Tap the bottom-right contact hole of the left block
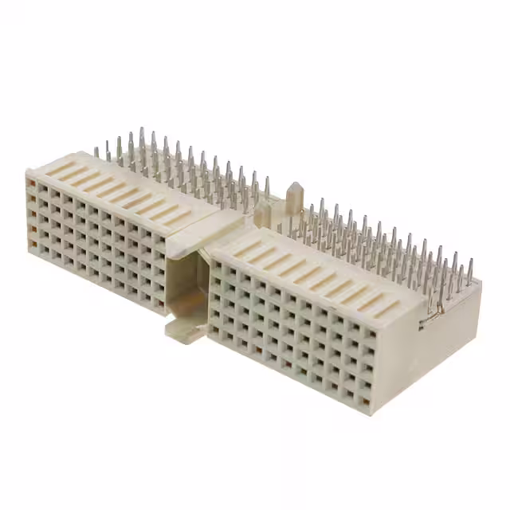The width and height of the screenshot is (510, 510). [x=158, y=300]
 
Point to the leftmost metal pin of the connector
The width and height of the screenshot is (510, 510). [x=96, y=151]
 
